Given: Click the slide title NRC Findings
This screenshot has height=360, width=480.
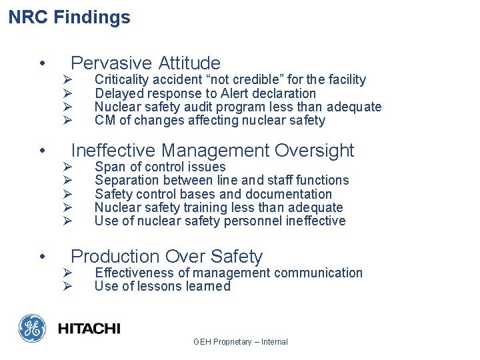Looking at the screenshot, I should click(x=69, y=17).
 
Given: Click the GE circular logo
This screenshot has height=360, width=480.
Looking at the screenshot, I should click(x=33, y=329).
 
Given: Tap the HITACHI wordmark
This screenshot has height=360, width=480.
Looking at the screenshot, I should click(x=89, y=329).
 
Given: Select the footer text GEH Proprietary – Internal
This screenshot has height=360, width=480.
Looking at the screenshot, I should click(x=241, y=342).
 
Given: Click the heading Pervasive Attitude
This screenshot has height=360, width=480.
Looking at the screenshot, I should click(x=145, y=63).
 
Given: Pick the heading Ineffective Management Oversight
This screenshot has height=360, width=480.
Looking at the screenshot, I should click(x=213, y=151).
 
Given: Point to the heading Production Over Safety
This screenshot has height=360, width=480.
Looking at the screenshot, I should click(x=167, y=257).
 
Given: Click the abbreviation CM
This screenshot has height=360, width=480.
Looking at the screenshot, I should click(x=104, y=121).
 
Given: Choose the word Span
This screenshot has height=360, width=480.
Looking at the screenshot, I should click(x=107, y=167).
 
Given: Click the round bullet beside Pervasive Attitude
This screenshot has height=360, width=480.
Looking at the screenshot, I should click(x=42, y=64).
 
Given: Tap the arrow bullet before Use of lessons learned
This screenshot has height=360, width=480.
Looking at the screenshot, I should click(x=67, y=287).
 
